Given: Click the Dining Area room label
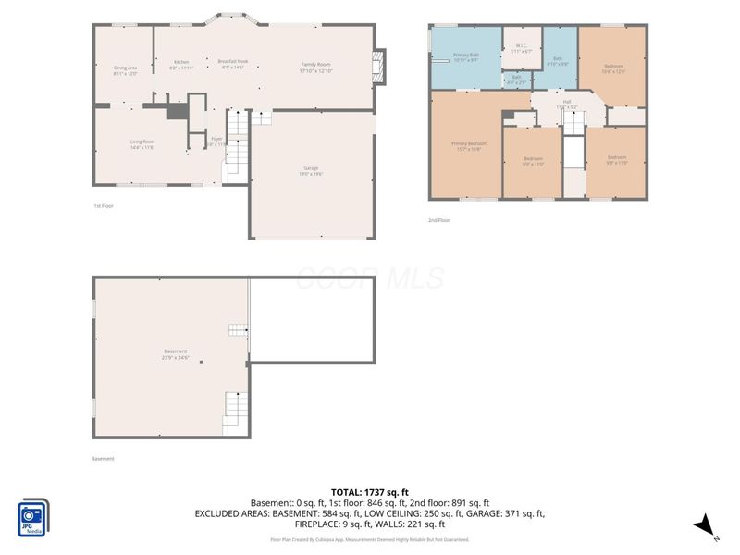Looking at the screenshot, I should point(125,70).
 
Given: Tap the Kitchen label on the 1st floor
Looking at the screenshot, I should point(181,65).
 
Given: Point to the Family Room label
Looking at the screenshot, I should point(315,68).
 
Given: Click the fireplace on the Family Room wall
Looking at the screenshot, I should point(376,67).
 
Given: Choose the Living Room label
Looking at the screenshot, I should point(142,143).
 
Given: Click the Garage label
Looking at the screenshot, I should point(311,170).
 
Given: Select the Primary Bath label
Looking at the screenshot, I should point(465,58).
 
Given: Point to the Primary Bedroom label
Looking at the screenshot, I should point(469,146).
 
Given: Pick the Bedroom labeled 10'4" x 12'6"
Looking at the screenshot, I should point(614,68).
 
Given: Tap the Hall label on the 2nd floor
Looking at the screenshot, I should point(567,105).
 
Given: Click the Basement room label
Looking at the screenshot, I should point(175,353).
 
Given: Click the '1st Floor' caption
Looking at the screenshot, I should point(104,205).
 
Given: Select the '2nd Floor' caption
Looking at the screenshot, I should point(438,220).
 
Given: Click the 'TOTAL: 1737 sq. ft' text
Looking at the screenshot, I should point(370,492).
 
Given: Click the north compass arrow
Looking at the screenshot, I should point(706,524).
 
